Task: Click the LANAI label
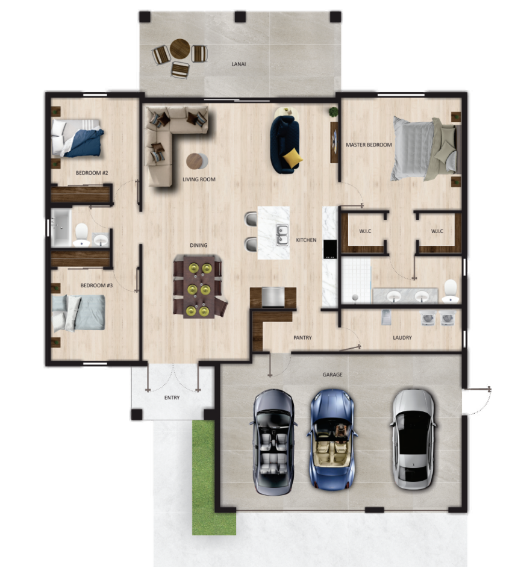click(x=239, y=64)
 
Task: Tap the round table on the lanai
click(x=180, y=49)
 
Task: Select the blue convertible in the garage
click(x=332, y=439)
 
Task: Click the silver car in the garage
click(x=413, y=439)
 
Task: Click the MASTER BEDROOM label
click(x=369, y=145)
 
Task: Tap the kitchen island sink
click(x=282, y=235)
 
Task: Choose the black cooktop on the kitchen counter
click(x=329, y=249)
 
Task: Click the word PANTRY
click(x=302, y=338)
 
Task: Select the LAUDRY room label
click(x=402, y=338)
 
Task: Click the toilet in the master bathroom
click(x=451, y=291)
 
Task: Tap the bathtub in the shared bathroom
click(x=61, y=228)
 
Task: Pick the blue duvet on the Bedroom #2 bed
click(x=84, y=143)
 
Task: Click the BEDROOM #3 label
click(x=96, y=285)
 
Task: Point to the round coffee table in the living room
click(x=197, y=161)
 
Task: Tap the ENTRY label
click(x=172, y=398)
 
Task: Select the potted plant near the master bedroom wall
click(x=333, y=111)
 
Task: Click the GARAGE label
click(x=332, y=375)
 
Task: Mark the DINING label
click(x=199, y=245)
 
